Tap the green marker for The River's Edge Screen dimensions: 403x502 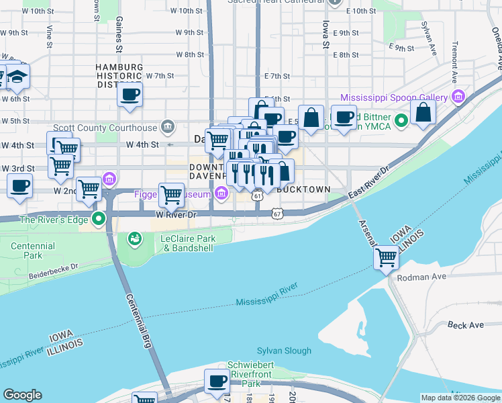click(99, 219)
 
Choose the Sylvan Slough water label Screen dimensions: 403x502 click(284, 351)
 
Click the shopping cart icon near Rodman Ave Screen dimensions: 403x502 click(386, 257)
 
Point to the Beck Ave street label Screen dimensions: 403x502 click(465, 325)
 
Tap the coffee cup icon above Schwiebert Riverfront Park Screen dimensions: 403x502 click(217, 382)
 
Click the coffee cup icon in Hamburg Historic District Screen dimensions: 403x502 click(130, 93)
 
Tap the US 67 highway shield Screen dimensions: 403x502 click(277, 214)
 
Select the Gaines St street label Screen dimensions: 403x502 click(119, 35)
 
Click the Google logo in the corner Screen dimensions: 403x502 click(22, 395)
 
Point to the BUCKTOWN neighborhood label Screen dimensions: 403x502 click(303, 190)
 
